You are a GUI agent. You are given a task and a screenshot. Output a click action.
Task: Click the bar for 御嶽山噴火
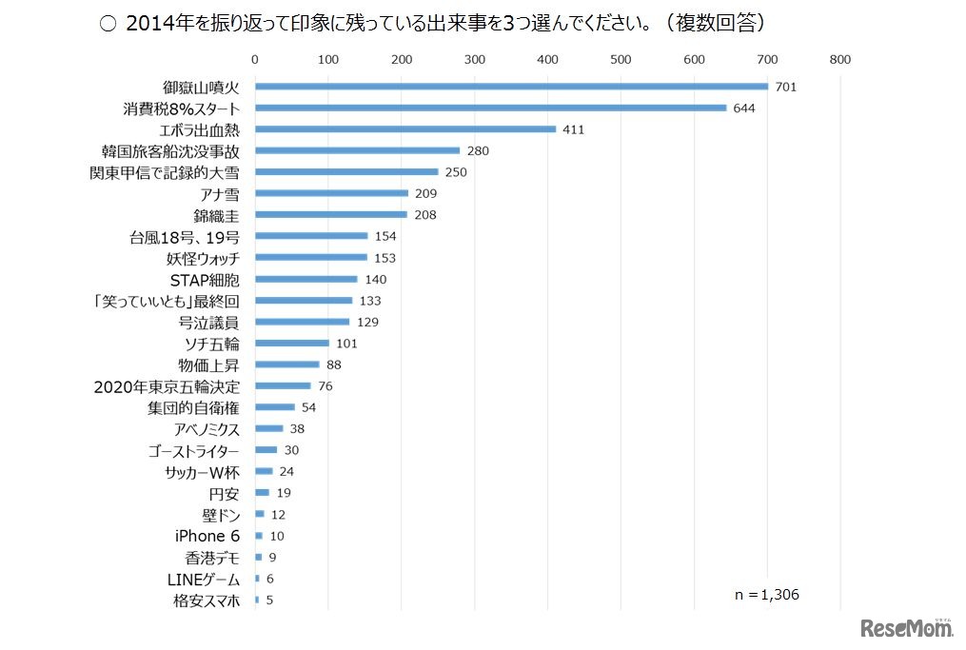(511, 87)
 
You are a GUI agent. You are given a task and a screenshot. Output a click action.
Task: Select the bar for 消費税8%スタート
(490, 108)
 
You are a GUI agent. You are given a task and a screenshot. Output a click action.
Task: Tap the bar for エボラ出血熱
(405, 128)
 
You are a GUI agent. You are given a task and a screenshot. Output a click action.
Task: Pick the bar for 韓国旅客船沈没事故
(357, 150)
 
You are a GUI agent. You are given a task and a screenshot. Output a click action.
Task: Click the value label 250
(457, 172)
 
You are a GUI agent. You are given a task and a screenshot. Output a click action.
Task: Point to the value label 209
(426, 193)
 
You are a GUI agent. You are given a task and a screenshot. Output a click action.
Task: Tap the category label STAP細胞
(205, 280)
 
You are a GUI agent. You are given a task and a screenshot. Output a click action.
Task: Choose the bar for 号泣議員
(302, 322)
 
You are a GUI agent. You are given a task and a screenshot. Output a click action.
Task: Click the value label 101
(347, 344)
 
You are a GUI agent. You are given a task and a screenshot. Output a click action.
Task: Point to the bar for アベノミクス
(268, 428)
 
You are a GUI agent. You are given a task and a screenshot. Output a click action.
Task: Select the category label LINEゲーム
(200, 579)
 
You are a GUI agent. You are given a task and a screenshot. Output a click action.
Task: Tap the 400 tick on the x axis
(547, 59)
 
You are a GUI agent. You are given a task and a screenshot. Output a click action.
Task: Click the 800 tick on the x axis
(839, 59)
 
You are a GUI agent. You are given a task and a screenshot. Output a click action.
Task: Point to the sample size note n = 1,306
(766, 595)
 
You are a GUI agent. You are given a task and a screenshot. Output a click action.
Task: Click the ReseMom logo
(906, 628)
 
